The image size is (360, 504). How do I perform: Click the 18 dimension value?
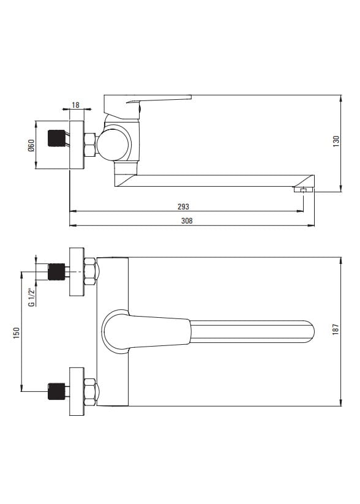coord(75,105)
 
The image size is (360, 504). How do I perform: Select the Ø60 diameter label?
coord(31,146)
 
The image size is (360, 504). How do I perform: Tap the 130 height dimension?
coord(336,141)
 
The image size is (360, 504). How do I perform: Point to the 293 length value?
coord(183,206)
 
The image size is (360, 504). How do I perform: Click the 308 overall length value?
coord(187,221)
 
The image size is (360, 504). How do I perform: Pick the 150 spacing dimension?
coord(17,333)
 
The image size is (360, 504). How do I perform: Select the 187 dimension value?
coord(336,329)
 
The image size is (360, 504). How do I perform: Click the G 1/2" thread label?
coord(31,298)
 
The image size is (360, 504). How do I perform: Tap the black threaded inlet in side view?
coord(56,138)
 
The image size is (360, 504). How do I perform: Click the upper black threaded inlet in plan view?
coord(56,272)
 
